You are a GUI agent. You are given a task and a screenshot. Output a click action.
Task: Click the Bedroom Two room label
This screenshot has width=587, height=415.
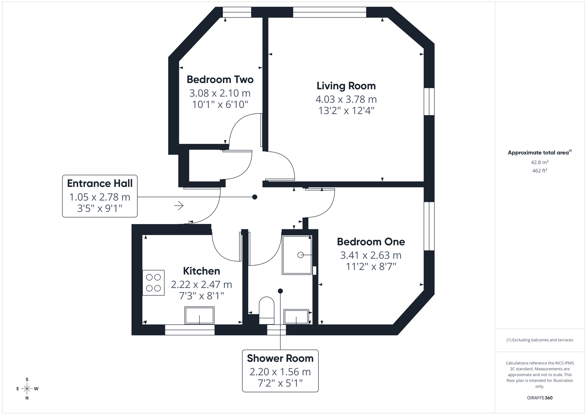click(220, 80)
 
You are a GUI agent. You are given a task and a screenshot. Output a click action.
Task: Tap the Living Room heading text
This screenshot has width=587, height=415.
click(346, 86)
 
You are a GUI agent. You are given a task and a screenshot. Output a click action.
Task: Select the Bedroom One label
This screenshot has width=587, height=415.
click(371, 242)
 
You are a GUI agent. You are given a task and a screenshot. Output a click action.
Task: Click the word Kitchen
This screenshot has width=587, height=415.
click(201, 271)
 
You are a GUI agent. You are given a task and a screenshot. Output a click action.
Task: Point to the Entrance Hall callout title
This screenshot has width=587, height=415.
click(100, 183)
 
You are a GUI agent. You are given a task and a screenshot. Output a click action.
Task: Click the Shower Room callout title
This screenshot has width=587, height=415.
click(280, 358)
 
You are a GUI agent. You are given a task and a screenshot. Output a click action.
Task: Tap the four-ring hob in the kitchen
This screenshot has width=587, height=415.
click(153, 283)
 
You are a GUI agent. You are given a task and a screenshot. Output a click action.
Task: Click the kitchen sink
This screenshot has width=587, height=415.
click(199, 316)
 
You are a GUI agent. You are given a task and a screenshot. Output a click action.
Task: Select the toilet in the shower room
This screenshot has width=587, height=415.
click(266, 310)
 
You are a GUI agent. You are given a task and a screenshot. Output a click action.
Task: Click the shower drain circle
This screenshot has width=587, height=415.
click(300, 255)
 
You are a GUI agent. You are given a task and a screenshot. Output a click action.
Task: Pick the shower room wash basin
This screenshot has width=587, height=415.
click(296, 317)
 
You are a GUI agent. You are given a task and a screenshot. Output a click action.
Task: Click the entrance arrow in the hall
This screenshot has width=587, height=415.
click(179, 206)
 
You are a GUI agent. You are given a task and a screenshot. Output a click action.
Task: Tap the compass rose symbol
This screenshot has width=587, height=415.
click(27, 389)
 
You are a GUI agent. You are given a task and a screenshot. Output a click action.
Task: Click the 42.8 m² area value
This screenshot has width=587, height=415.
click(539, 162)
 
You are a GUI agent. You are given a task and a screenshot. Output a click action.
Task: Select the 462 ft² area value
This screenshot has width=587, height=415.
click(539, 171)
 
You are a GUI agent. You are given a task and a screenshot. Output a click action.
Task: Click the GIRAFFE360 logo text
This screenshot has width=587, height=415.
click(539, 398)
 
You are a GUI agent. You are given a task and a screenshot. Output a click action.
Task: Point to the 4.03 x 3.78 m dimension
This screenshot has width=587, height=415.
click(346, 99)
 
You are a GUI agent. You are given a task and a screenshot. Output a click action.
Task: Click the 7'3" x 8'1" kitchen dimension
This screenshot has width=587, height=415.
click(201, 296)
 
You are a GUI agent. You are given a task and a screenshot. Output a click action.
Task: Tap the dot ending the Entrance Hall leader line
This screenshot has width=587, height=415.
click(255, 197)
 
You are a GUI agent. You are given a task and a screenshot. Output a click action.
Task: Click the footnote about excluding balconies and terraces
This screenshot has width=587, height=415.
click(539, 340)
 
